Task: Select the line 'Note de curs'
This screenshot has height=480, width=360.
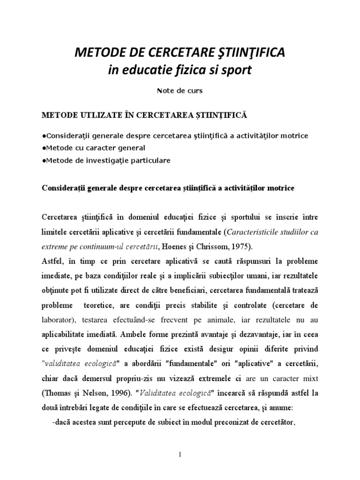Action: [180, 91]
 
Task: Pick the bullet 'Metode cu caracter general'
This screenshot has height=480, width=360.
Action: [94, 148]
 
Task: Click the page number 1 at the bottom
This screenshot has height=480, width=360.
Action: [180, 454]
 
